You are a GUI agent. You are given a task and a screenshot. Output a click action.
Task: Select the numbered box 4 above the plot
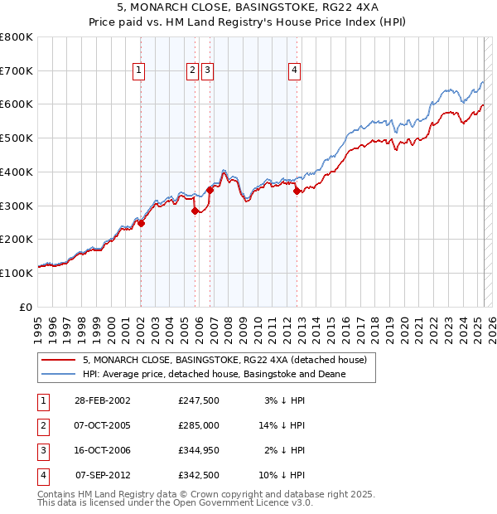pos(294,70)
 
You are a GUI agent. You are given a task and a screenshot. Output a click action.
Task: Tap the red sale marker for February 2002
pos(142,222)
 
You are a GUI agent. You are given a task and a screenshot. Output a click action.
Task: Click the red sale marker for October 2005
pos(195,211)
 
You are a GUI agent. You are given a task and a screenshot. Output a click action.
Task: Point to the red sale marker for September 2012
pos(297,191)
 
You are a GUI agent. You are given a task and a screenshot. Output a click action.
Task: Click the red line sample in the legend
pos(57,360)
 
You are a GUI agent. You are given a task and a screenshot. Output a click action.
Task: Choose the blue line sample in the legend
pos(57,374)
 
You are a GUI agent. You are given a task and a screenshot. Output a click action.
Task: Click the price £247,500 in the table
pos(199,400)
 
